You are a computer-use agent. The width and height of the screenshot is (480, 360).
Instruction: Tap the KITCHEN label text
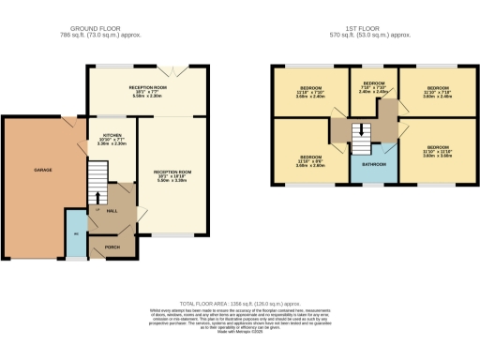[111, 135]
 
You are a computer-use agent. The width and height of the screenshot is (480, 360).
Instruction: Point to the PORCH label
[112, 247]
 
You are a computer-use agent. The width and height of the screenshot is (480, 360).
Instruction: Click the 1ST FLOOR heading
[372, 30]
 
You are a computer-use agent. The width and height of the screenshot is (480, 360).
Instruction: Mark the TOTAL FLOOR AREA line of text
[239, 304]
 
